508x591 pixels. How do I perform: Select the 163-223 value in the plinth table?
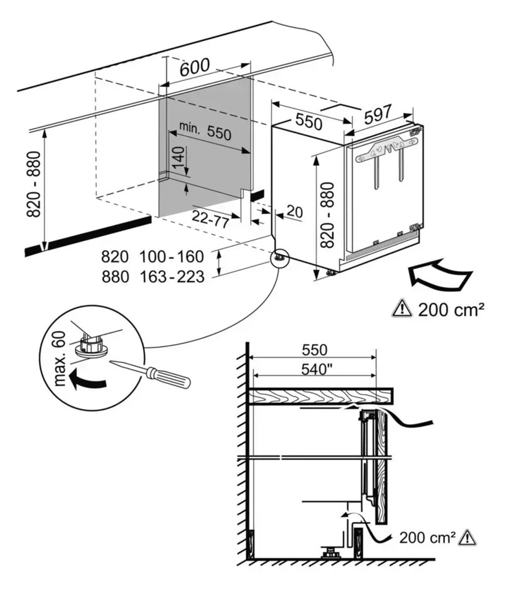(x=172, y=277)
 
